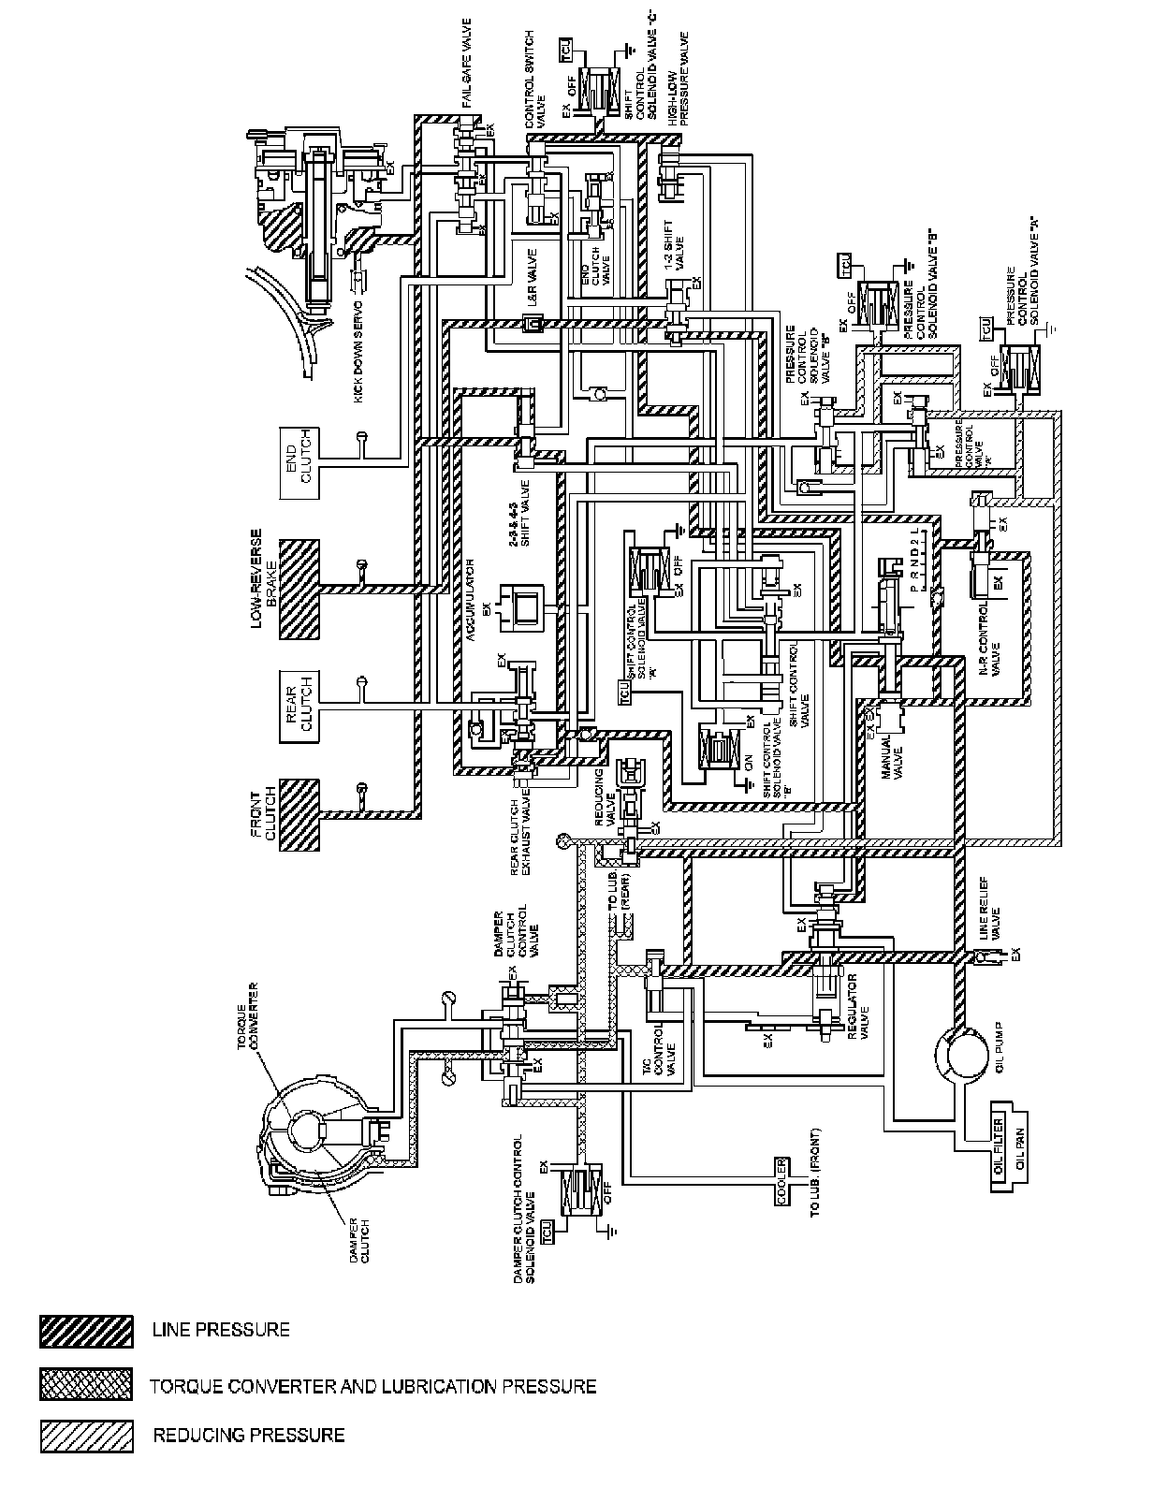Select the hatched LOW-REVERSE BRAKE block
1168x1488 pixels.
pos(299,589)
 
